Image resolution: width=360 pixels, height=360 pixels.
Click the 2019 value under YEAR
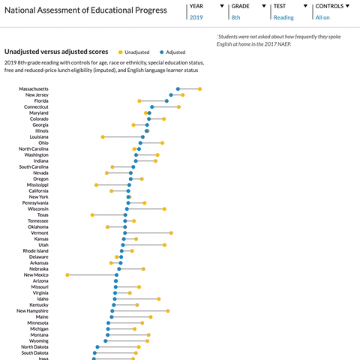[x=196, y=17]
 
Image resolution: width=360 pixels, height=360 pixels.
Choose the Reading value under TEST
[x=283, y=17]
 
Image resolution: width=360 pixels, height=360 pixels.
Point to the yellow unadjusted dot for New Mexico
[x=67, y=274]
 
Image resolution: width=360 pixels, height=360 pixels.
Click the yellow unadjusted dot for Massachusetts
[x=199, y=89]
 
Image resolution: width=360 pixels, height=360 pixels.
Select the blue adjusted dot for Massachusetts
[x=178, y=89]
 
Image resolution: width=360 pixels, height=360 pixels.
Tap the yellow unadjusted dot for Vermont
[x=171, y=233]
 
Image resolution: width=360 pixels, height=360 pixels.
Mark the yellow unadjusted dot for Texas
[x=93, y=215]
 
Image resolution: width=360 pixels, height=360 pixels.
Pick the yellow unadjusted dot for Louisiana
[x=103, y=137]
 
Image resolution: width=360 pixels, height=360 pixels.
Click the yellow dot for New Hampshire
[x=168, y=310]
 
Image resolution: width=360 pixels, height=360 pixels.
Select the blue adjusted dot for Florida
[x=166, y=101]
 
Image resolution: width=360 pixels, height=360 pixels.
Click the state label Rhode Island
[x=35, y=250]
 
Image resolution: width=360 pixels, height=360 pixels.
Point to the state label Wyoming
[x=39, y=340]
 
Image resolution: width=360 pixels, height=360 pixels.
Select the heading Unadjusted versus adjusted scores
[x=57, y=52]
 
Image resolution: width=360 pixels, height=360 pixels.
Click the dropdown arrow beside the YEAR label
[x=222, y=6]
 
